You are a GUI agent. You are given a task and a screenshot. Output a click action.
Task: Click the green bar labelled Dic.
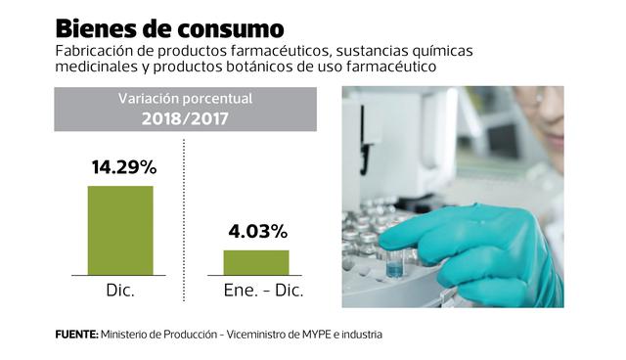click(x=120, y=230)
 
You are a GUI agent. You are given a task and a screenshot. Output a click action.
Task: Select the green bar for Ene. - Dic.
click(x=256, y=262)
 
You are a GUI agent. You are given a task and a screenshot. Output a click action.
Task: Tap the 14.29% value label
click(x=121, y=167)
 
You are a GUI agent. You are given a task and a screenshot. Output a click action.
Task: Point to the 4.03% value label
click(x=257, y=232)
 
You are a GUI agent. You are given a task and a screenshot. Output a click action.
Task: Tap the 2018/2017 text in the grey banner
click(x=185, y=118)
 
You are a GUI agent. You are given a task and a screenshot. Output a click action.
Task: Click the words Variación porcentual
click(x=185, y=100)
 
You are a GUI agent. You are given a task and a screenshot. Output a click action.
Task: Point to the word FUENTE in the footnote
click(x=74, y=335)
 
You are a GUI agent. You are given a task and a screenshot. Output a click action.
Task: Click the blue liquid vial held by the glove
click(x=394, y=264)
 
